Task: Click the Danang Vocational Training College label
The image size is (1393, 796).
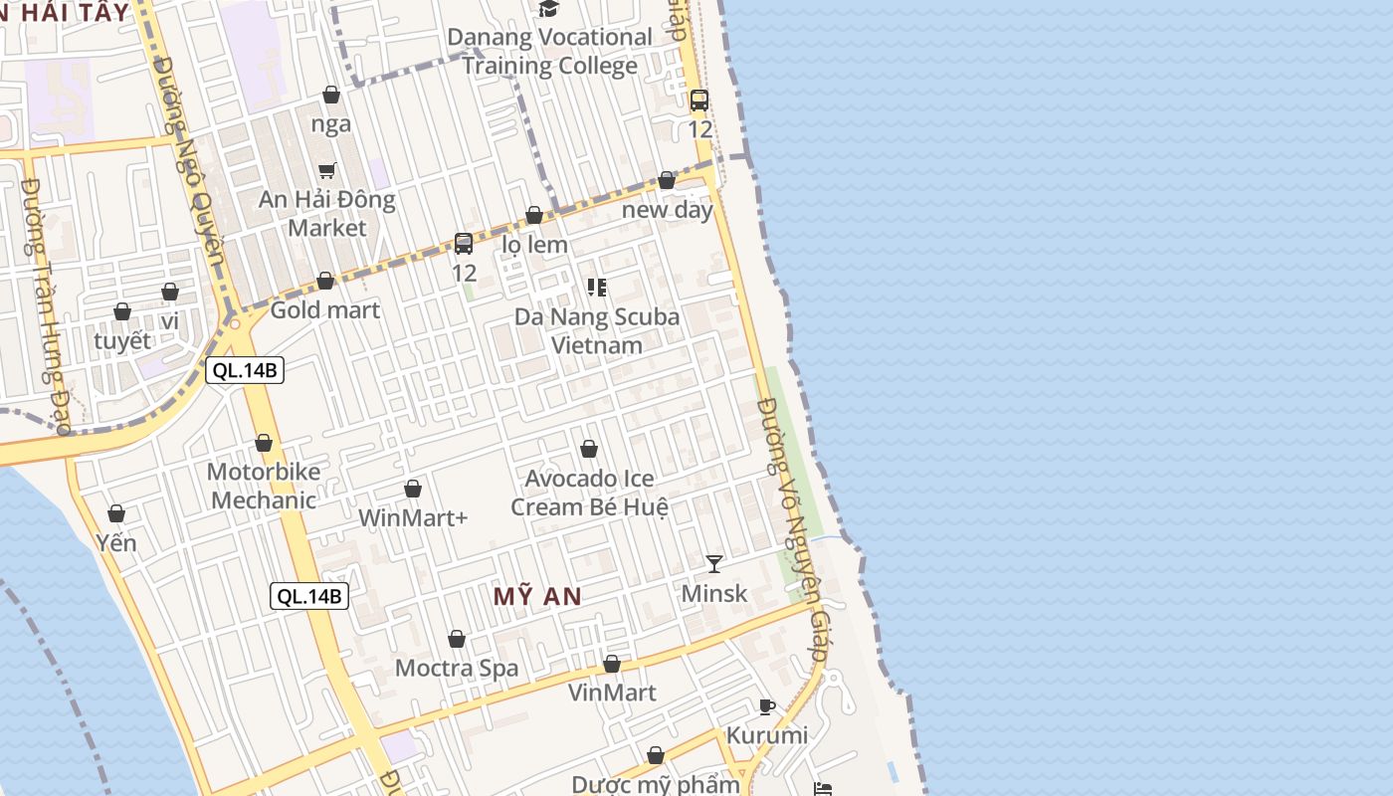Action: coord(549,52)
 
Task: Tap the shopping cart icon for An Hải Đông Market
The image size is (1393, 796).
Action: coord(327,170)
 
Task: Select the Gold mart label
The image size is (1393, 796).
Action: coord(325,310)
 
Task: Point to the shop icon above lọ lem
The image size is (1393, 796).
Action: coord(534,216)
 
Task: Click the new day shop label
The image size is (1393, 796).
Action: coord(668,210)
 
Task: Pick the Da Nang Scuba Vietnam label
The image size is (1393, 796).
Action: coord(597,331)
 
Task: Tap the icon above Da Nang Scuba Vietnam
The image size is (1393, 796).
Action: coord(597,288)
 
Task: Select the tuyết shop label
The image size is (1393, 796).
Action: coord(122,340)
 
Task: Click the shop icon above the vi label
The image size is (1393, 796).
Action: coord(170,293)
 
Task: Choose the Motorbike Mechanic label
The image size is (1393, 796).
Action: coord(264,486)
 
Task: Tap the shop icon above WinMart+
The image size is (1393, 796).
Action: coord(413,490)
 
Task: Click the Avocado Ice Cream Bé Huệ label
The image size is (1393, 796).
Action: coord(589,493)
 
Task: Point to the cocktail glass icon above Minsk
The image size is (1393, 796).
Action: coord(714,564)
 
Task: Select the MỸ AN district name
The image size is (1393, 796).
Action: coord(537,596)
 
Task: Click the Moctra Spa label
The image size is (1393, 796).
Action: coord(457,668)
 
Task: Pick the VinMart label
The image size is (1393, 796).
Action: coord(612,692)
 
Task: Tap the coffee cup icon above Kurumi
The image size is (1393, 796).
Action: coord(767,707)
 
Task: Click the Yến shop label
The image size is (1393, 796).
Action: coord(116,543)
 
